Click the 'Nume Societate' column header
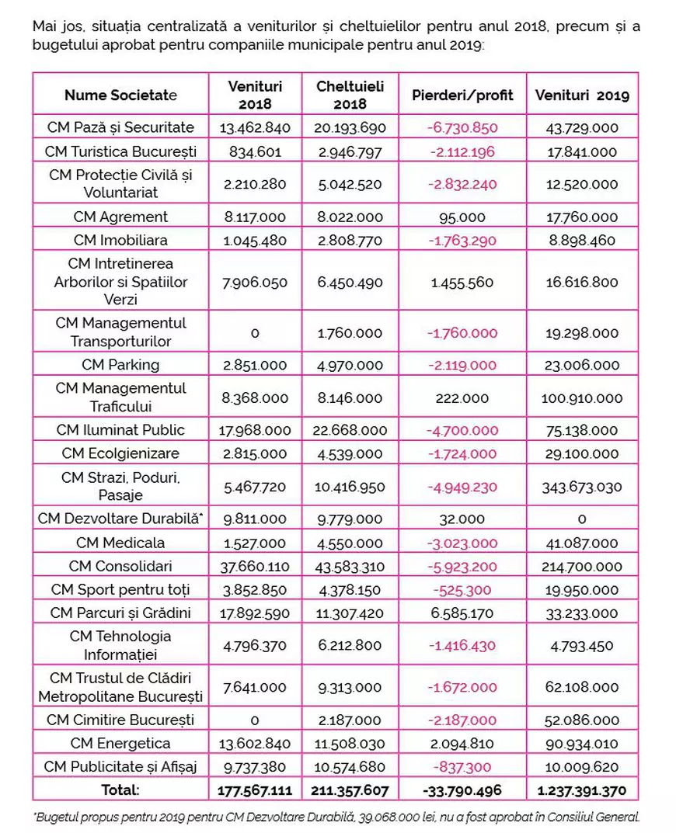[120, 95]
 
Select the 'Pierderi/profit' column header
[462, 95]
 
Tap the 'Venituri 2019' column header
[582, 95]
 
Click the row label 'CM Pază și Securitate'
[120, 127]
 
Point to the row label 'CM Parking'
[120, 365]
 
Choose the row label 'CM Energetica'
[120, 744]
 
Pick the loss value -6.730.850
[462, 127]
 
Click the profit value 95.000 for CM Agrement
[462, 217]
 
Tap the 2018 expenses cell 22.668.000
[350, 430]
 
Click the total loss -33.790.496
[462, 790]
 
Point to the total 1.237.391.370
[582, 790]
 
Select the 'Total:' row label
[120, 790]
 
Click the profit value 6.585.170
[462, 613]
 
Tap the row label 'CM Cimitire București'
[120, 720]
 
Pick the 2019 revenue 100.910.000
[582, 398]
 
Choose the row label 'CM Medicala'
[120, 543]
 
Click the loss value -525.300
[462, 590]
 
